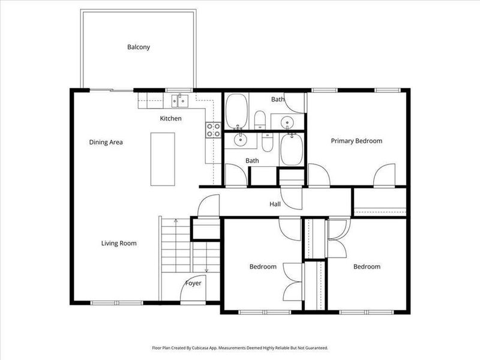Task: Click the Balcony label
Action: (x=138, y=47)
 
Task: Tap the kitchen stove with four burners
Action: (x=213, y=130)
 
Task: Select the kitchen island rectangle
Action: (x=162, y=158)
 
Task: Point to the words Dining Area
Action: (x=106, y=142)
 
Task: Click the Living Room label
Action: (x=119, y=243)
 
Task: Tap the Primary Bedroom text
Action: (x=356, y=141)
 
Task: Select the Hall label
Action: (x=275, y=204)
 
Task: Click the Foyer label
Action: (x=193, y=283)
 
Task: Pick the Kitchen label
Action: (x=170, y=118)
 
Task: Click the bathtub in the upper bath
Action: (x=236, y=110)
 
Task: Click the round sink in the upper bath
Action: (x=289, y=122)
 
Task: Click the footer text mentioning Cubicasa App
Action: (x=239, y=347)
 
